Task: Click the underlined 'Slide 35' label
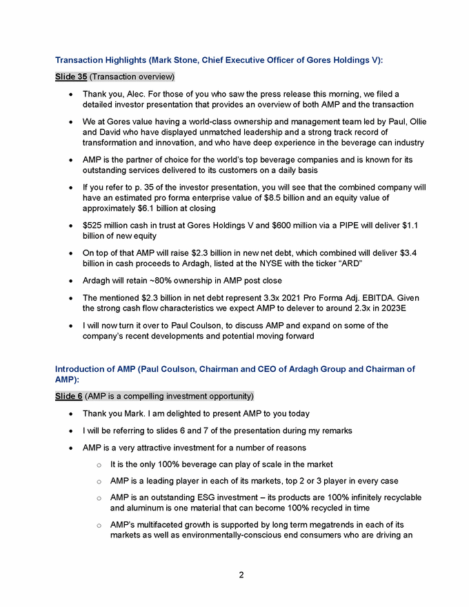coord(71,76)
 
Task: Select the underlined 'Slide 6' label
coord(69,396)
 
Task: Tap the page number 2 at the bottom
coord(241,575)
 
